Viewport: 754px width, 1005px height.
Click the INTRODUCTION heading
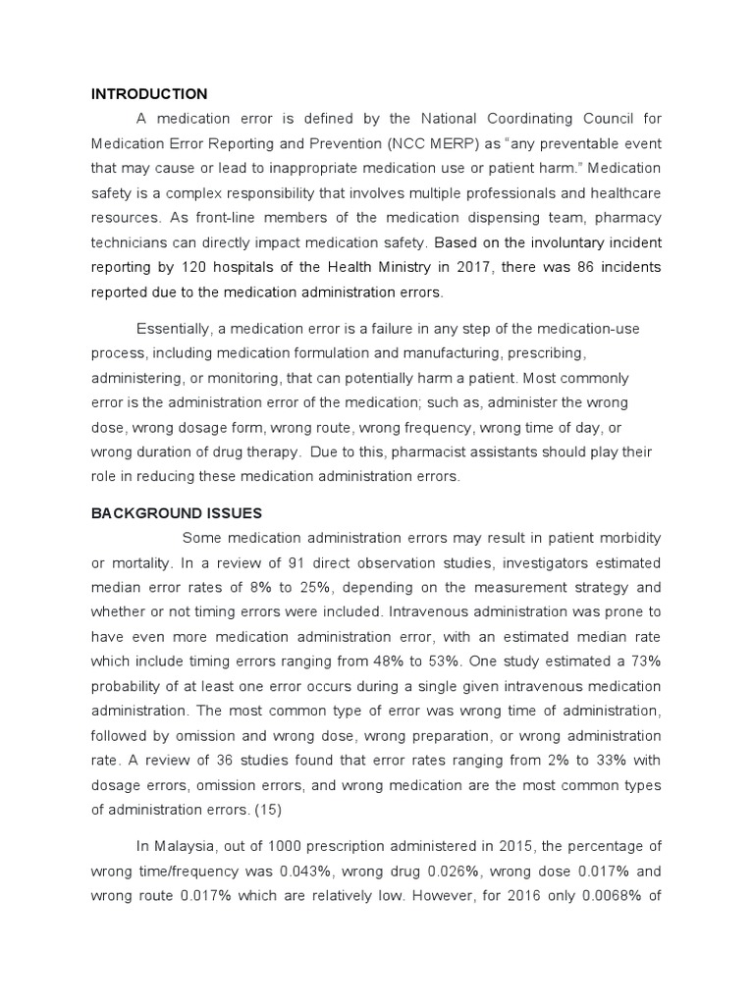[149, 94]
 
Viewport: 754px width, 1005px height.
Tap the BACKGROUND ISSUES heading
[178, 512]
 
